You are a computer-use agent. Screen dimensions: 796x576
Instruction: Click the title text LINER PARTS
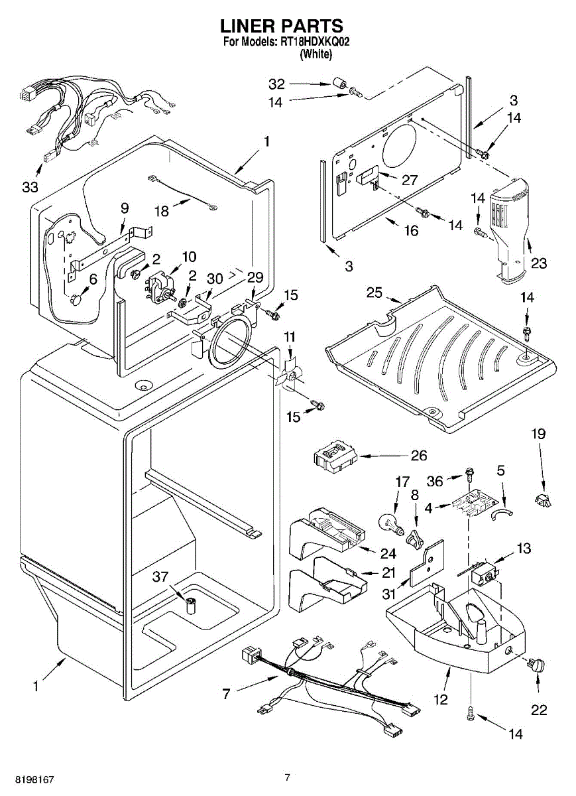(282, 26)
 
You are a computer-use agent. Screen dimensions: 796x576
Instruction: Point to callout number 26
(419, 456)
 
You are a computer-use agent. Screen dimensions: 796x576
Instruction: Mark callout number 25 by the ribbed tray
(374, 293)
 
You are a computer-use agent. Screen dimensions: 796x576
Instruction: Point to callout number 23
(538, 263)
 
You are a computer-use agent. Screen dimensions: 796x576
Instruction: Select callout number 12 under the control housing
(441, 698)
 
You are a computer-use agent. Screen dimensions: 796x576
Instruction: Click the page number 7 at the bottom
(287, 777)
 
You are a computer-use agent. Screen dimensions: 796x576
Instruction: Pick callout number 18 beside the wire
(161, 210)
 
